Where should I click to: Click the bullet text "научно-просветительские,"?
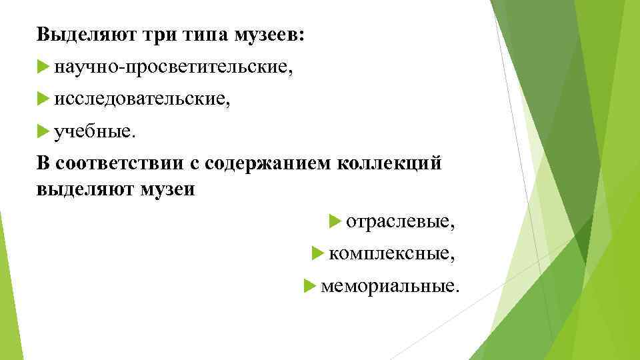[x=173, y=66]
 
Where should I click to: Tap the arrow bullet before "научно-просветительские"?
[x=44, y=66]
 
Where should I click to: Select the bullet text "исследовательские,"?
[x=143, y=99]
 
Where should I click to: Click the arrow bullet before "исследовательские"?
[x=44, y=99]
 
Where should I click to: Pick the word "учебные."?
[x=95, y=131]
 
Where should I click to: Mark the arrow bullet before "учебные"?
[x=44, y=131]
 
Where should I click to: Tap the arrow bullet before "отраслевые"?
[x=335, y=221]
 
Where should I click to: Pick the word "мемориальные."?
[x=390, y=286]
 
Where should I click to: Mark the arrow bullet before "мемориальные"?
[x=309, y=286]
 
